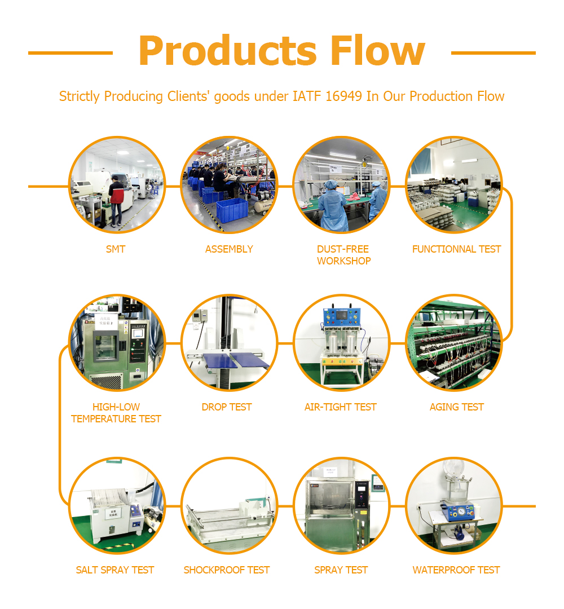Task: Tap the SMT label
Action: [116, 249]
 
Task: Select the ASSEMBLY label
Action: [229, 249]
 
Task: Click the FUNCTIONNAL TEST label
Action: [456, 249]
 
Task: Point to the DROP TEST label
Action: [227, 407]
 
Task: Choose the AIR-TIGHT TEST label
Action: [341, 407]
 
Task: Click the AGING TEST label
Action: [456, 407]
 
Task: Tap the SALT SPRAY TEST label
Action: [115, 570]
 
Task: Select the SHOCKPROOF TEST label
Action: [227, 570]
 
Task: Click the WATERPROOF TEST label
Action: [456, 570]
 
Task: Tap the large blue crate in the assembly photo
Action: [232, 210]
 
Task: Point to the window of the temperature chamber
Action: [105, 347]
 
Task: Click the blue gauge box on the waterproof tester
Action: [457, 512]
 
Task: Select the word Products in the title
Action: [228, 51]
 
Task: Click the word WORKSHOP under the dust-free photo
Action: [344, 261]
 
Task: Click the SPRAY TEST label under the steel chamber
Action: [341, 570]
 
